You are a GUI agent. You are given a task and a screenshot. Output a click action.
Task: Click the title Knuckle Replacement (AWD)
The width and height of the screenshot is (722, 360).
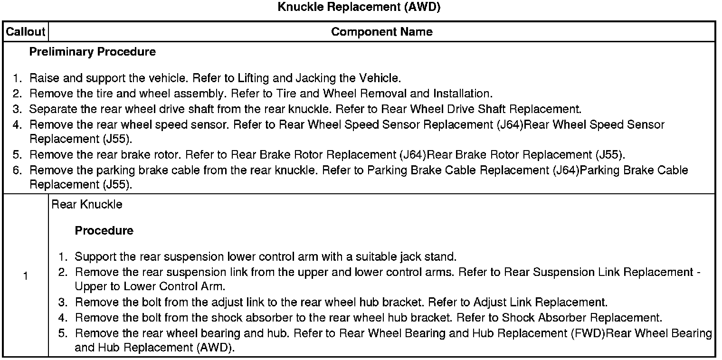359,8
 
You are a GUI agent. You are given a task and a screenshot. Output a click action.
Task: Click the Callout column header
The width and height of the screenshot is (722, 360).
25,32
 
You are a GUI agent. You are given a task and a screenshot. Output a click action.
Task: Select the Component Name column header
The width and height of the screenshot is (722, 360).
381,32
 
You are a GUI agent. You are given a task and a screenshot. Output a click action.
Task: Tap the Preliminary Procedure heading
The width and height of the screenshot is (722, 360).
92,52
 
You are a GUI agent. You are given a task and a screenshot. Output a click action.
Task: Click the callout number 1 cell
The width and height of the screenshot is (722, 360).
25,276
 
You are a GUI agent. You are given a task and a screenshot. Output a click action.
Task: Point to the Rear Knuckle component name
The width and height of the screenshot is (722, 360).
86,204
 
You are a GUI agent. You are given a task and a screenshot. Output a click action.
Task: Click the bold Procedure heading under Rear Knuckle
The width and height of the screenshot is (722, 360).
104,231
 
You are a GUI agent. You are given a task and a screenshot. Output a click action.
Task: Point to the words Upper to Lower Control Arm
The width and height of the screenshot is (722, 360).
150,287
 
